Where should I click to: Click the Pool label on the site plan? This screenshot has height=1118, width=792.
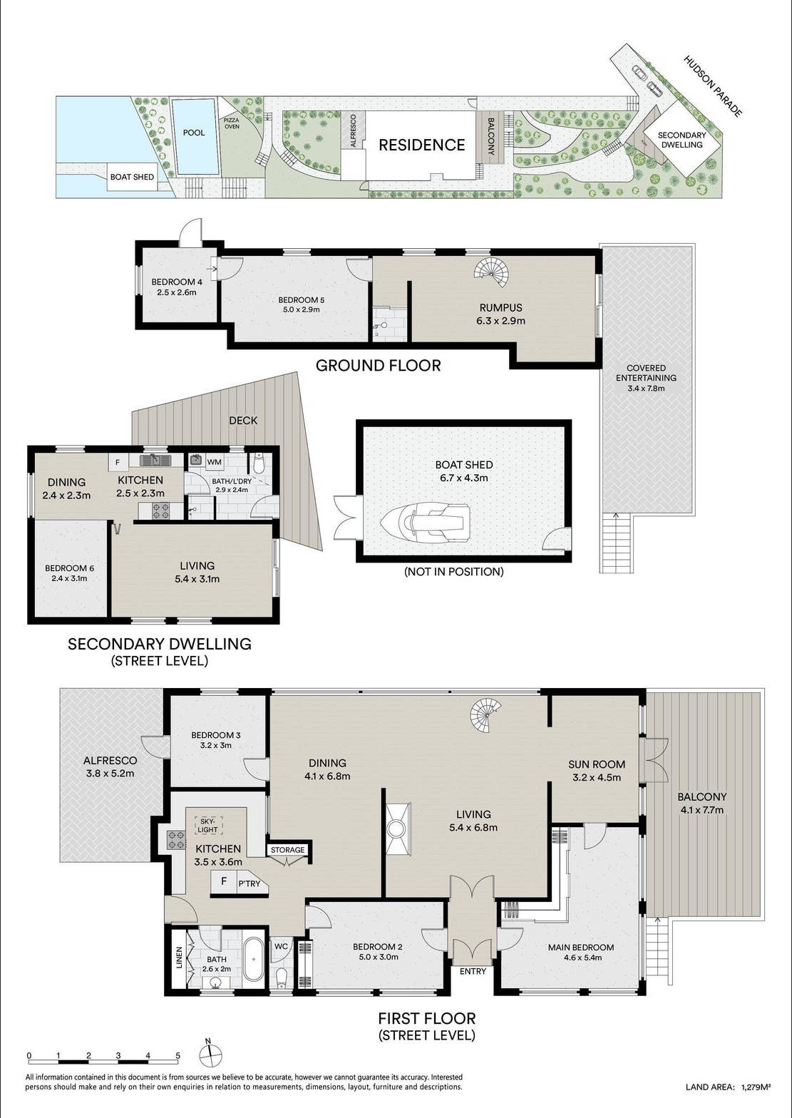194,133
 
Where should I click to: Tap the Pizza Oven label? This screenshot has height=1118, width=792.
232,123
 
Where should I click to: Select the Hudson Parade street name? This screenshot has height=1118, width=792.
712,86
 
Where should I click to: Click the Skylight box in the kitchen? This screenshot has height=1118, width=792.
207,826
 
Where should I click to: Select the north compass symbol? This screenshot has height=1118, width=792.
210,1054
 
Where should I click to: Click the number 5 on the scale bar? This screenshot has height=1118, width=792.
178,1055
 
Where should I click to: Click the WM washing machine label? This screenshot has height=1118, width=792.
214,462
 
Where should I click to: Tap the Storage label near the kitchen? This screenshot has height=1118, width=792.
288,850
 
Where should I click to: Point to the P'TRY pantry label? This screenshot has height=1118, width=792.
249,883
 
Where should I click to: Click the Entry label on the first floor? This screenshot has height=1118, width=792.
473,971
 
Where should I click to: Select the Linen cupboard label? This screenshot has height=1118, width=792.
179,958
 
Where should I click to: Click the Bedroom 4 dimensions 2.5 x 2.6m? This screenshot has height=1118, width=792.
177,292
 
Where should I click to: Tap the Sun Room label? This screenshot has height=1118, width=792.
597,764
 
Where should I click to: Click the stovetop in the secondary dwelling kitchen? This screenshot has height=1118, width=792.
160,510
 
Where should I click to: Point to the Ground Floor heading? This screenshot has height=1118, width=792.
379,366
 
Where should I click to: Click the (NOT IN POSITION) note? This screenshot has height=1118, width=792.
453,572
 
